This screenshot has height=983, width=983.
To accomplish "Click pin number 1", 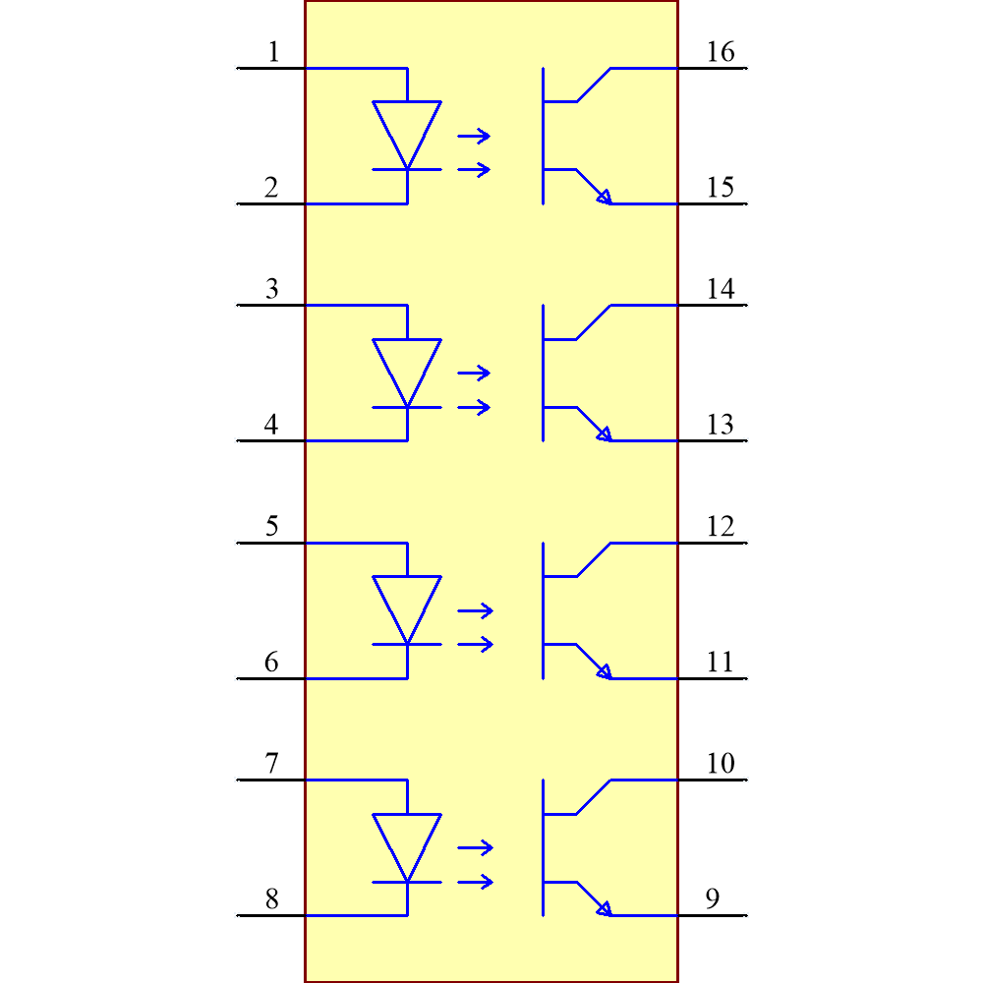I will click(x=273, y=52).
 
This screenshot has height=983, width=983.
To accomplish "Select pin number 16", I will click(x=721, y=52).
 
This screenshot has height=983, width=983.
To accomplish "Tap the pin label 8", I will click(x=271, y=899).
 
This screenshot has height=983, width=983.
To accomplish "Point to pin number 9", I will click(x=713, y=899).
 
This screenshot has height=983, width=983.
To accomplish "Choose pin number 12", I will click(x=721, y=527).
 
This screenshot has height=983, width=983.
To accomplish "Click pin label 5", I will click(x=272, y=527).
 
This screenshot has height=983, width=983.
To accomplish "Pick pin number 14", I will click(x=721, y=289).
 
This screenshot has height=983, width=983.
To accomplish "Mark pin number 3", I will click(x=272, y=289).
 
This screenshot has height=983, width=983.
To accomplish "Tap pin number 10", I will click(x=721, y=764).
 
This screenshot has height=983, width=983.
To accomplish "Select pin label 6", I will click(x=271, y=663).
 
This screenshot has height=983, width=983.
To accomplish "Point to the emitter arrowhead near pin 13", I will click(x=604, y=434).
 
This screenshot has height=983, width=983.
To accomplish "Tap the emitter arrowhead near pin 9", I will click(x=604, y=908).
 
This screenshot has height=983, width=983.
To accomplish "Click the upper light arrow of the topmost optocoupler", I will click(x=474, y=137).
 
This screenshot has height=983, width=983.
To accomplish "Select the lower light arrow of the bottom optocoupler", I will click(x=475, y=882).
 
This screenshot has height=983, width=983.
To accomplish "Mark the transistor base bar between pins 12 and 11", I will click(x=543, y=609).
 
